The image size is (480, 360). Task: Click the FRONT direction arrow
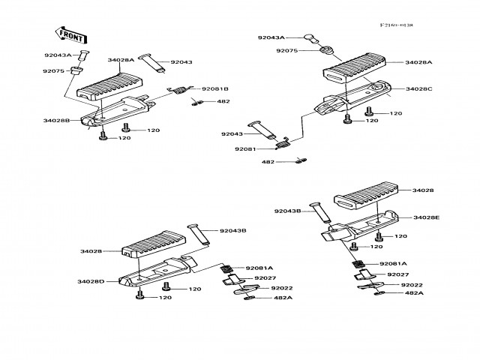tap(69, 34)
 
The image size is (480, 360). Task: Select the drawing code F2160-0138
tap(396, 25)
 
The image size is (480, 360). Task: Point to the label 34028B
tap(56, 120)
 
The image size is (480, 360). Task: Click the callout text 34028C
tap(419, 88)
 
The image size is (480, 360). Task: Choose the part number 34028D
tap(90, 281)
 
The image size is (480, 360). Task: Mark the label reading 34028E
tap(427, 217)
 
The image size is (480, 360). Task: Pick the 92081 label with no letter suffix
tap(244, 148)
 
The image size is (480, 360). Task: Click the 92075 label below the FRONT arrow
tap(52, 71)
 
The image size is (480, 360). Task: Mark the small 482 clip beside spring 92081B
tap(197, 102)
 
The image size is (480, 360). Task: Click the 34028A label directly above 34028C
tap(418, 62)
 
